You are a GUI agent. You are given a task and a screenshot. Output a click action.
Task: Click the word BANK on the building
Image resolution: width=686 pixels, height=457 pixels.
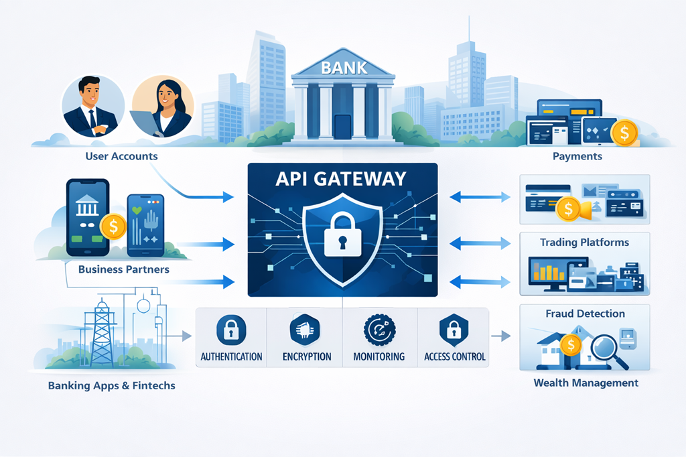pos(343,68)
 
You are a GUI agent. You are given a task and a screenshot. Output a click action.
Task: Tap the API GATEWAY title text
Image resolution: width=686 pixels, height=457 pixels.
pos(343,178)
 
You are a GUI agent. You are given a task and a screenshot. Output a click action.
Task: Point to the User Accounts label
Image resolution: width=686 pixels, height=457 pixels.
pos(122,156)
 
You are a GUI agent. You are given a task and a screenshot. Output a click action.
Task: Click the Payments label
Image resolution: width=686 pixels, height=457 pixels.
pos(577,156)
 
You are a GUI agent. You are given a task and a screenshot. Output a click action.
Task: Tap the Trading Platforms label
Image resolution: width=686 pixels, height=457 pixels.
pos(584,242)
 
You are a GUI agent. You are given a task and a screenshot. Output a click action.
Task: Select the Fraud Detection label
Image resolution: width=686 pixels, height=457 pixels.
pos(585,313)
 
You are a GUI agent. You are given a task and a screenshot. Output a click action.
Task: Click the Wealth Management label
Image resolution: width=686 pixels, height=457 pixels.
pos(586,383)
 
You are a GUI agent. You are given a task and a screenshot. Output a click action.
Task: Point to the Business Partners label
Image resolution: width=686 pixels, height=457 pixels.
pos(123,269)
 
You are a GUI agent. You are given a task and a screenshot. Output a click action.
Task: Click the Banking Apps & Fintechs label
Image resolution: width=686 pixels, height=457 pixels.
pos(112,386)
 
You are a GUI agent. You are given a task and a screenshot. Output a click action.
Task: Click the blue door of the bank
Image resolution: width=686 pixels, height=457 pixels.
pos(342,127)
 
